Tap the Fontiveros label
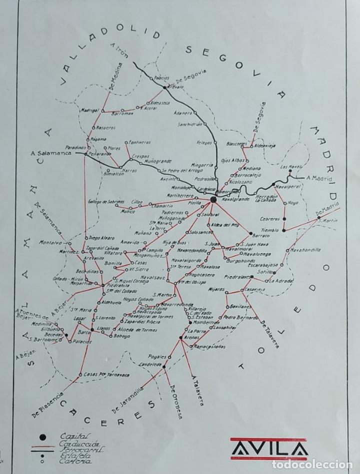pyautogui.click(x=137, y=142)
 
